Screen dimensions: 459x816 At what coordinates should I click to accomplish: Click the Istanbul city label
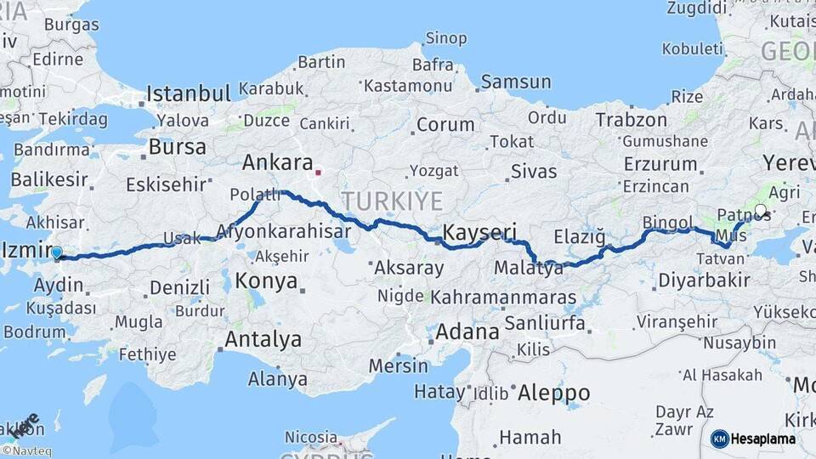[189, 93]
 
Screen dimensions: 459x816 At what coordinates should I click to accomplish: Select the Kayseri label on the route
[480, 232]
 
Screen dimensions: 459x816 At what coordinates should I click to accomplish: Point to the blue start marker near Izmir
[57, 252]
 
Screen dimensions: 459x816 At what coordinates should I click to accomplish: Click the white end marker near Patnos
[760, 210]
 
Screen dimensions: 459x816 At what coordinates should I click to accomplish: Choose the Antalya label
[263, 340]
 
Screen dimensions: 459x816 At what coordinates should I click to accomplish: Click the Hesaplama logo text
[763, 439]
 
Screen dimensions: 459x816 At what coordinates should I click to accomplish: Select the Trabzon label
[631, 120]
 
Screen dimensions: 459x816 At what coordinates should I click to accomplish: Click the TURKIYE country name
[392, 201]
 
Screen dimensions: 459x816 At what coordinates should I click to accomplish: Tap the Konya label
[267, 281]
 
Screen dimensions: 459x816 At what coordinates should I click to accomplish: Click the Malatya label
[528, 269]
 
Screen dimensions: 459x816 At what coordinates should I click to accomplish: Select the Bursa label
[177, 147]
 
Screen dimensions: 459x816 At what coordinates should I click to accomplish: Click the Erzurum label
[660, 164]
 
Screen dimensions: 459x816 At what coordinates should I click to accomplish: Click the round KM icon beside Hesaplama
[720, 439]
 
